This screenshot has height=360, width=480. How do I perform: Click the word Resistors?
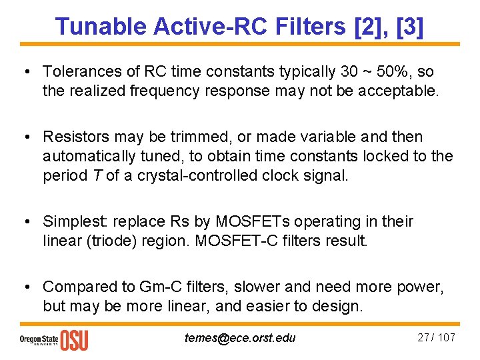click(x=75, y=137)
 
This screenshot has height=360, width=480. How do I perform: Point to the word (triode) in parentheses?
click(x=108, y=241)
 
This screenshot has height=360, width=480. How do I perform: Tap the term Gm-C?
click(x=157, y=287)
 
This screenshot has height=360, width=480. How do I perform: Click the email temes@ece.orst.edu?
click(x=239, y=337)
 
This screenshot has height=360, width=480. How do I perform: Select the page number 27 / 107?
click(x=436, y=337)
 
